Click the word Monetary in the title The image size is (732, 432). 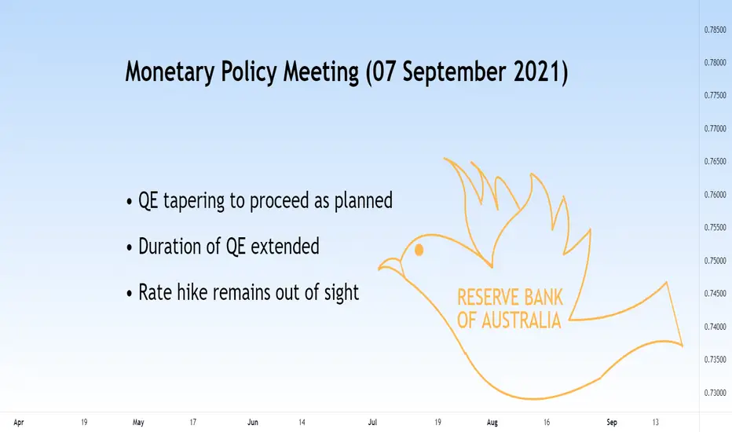pos(170,72)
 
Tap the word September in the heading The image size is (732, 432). pos(454,72)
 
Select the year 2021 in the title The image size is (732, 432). pos(536,71)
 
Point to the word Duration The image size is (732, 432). pos(170,246)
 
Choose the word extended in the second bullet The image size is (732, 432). pos(285,246)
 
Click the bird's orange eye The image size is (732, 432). pos(419,250)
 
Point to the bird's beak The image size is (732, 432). pos(390,266)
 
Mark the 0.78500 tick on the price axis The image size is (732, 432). pos(716,29)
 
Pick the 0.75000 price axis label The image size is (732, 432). pos(716,261)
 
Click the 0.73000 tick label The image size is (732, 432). pos(716,393)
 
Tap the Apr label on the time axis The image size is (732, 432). pos(19,423)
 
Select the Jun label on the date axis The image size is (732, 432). pos(253,423)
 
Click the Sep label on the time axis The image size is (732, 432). pos(612,423)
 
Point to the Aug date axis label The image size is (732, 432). pos(492,423)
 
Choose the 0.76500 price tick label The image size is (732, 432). pos(716,162)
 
